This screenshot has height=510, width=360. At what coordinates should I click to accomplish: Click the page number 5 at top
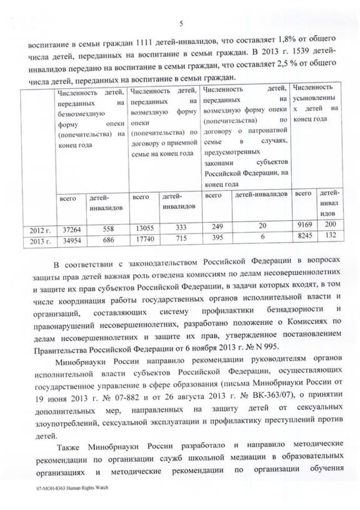tap(181, 24)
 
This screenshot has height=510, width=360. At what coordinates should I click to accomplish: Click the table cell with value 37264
tap(69, 230)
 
